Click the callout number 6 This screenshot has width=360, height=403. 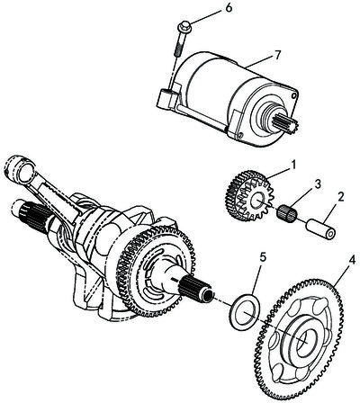coord(229,8)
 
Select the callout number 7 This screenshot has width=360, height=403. coord(277,54)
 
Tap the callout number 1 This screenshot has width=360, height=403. coord(293,164)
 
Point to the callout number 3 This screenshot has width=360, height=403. coord(318,184)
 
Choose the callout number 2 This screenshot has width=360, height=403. coord(340,196)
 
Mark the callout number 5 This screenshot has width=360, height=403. coord(263,258)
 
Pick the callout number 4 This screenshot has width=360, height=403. coord(352,260)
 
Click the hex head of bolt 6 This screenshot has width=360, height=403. coord(184,26)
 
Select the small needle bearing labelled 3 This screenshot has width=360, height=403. coord(286,212)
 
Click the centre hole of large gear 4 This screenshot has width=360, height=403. coord(305,342)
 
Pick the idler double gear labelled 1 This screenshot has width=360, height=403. coord(248,195)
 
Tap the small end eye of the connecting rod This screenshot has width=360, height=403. coord(21,169)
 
